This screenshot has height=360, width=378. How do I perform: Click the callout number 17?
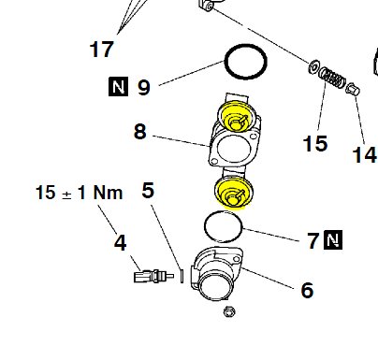click(x=101, y=50)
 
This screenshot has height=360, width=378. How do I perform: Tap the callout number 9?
click(x=144, y=87)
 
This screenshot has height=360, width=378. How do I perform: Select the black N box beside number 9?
click(x=118, y=86)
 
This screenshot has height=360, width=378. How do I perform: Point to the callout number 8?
click(x=139, y=131)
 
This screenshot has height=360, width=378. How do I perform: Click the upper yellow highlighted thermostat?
click(x=236, y=116)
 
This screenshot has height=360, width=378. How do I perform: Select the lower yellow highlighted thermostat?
click(x=234, y=193)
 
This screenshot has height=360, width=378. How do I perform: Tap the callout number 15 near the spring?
click(x=315, y=143)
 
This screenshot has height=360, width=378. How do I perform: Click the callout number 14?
click(x=364, y=155)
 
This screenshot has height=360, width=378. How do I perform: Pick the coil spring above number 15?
click(x=332, y=77)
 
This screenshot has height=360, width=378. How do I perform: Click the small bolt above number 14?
click(x=353, y=90)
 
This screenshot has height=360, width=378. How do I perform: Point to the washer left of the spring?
click(x=313, y=67)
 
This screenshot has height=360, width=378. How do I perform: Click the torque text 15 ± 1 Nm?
click(x=79, y=193)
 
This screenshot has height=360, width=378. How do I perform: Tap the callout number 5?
click(x=148, y=190)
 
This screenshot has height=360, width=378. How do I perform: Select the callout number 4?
click(x=120, y=242)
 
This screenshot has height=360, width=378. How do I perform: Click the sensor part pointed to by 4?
click(x=153, y=276)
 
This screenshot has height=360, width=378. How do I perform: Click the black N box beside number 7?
click(x=333, y=240)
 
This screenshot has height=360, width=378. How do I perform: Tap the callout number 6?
click(x=307, y=290)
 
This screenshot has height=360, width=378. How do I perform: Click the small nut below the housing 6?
click(x=229, y=311)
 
